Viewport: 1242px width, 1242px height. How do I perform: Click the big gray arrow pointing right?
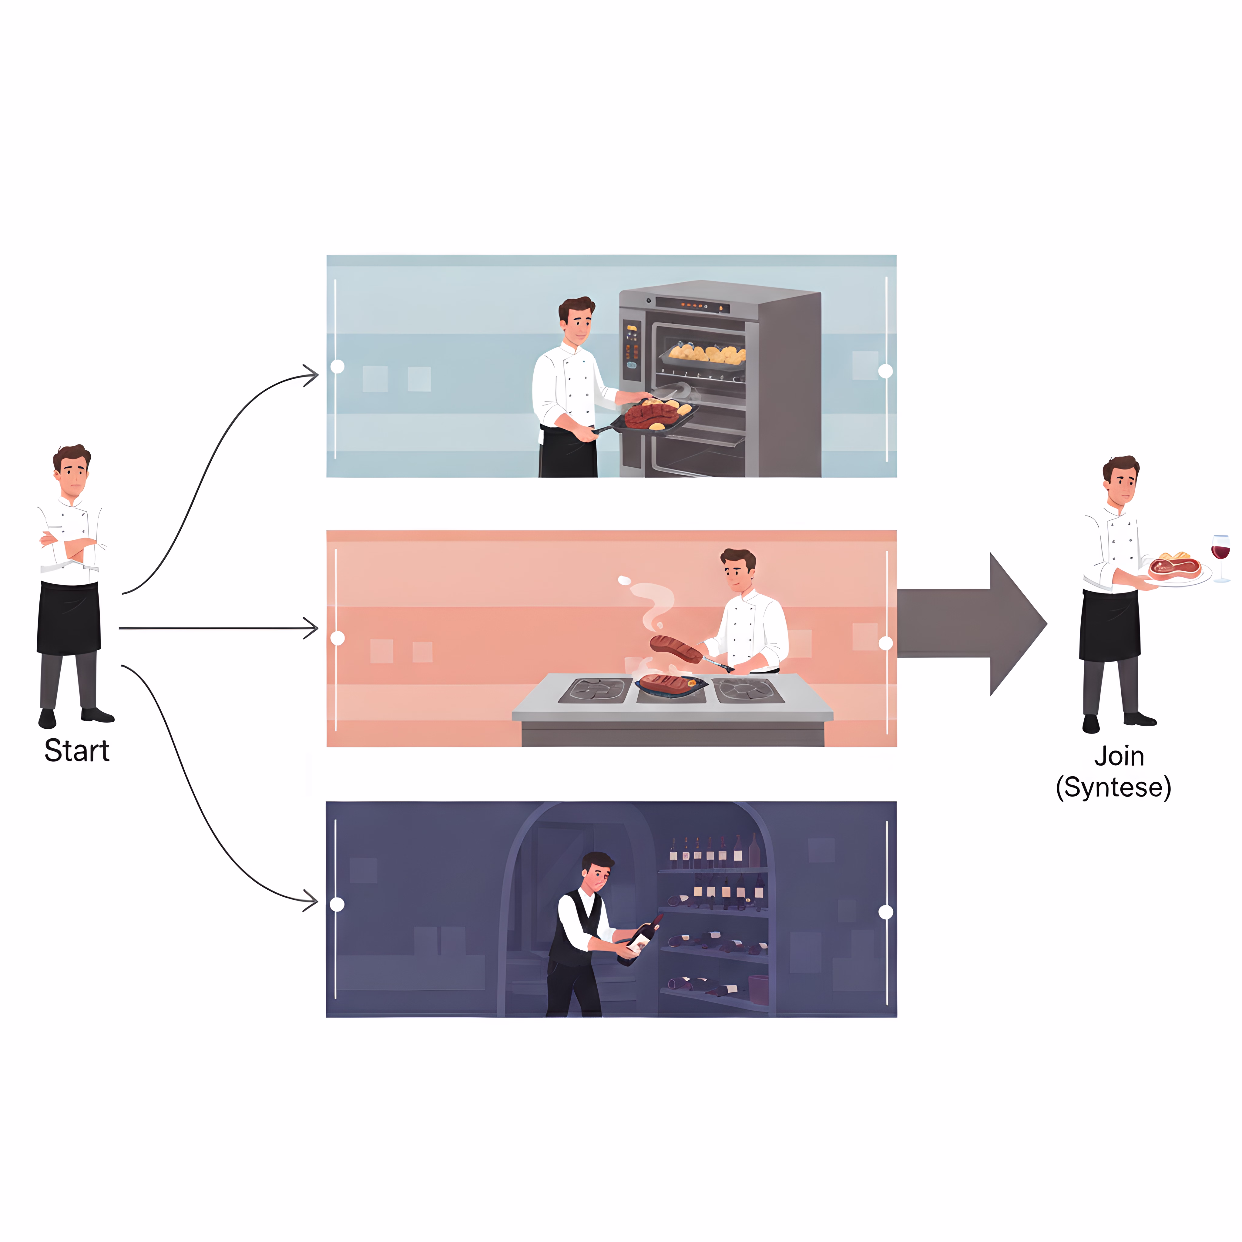pos(971,623)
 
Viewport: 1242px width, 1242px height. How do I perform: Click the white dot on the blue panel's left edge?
pos(337,366)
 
